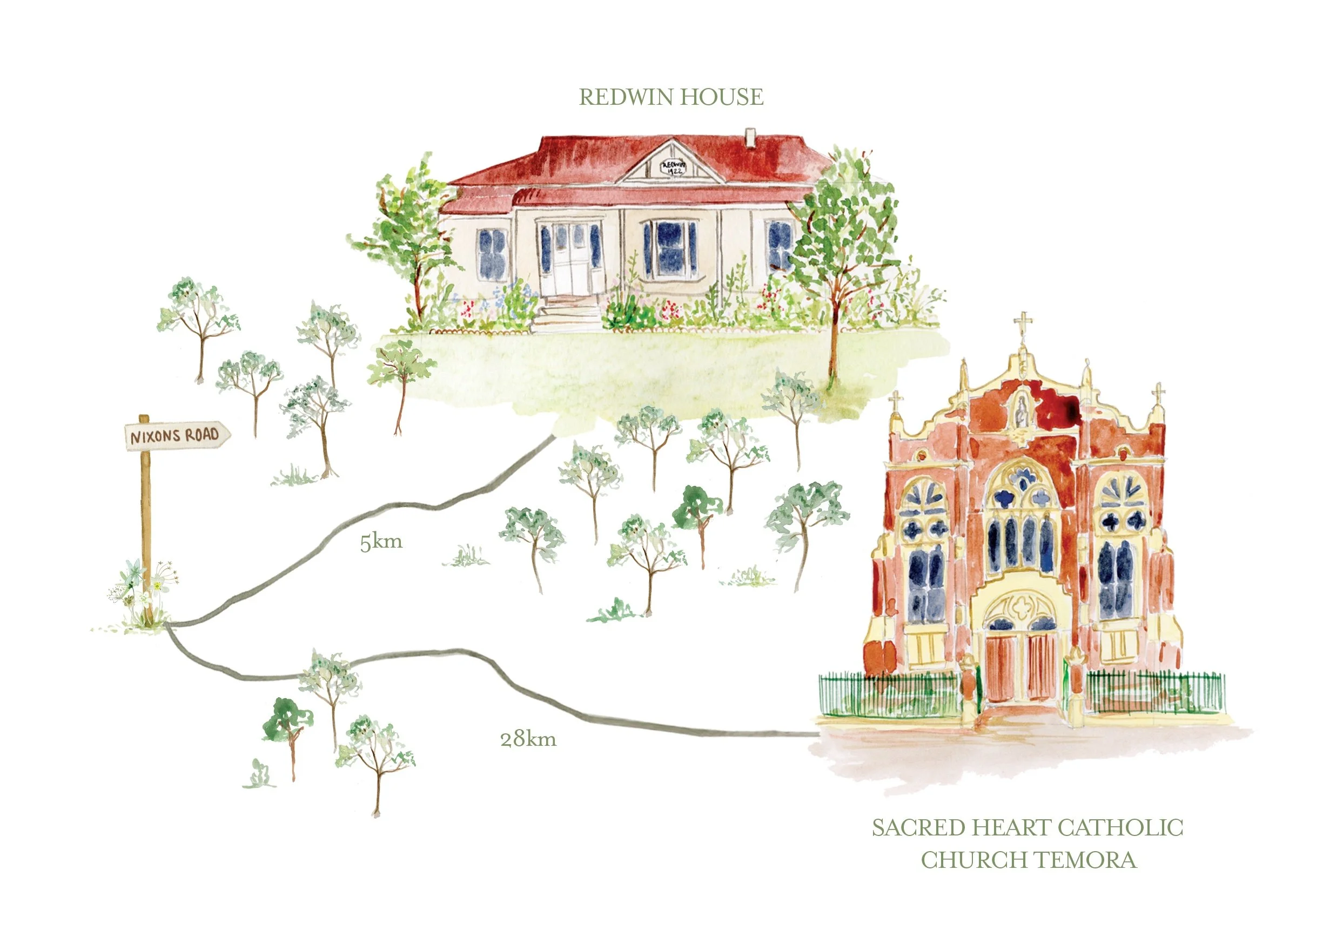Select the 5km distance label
pos(381,542)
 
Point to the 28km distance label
pos(528,739)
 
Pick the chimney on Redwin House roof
pos(750,138)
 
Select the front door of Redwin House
pos(570,260)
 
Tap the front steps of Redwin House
pos(567,316)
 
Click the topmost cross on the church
pos(1023,323)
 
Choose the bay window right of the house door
pos(670,248)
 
